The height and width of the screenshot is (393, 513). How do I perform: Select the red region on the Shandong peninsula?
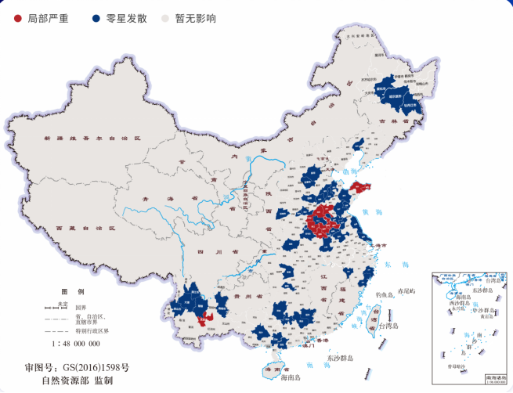click(359, 187)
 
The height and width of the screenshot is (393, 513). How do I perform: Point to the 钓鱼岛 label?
click(388, 294)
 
